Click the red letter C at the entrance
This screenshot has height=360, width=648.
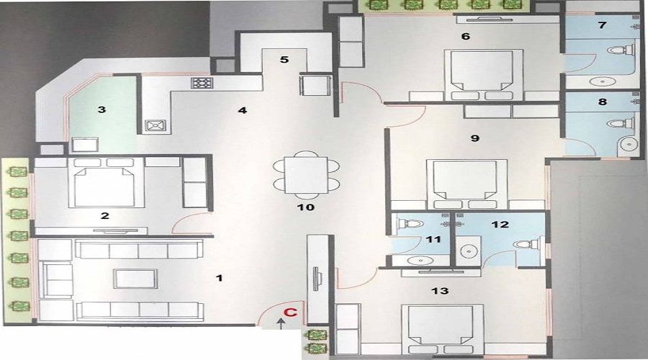click(x=289, y=313)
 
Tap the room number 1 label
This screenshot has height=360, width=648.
click(x=220, y=277)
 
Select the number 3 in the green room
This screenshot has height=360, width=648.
click(x=102, y=109)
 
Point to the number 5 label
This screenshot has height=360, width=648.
click(x=284, y=60)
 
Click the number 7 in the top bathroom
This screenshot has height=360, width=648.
click(x=602, y=25)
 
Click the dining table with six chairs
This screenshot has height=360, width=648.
click(x=305, y=175)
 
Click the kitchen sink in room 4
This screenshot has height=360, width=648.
click(x=154, y=125)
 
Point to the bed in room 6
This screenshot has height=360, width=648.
click(x=482, y=75)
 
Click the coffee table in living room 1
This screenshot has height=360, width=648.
click(x=135, y=279)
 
